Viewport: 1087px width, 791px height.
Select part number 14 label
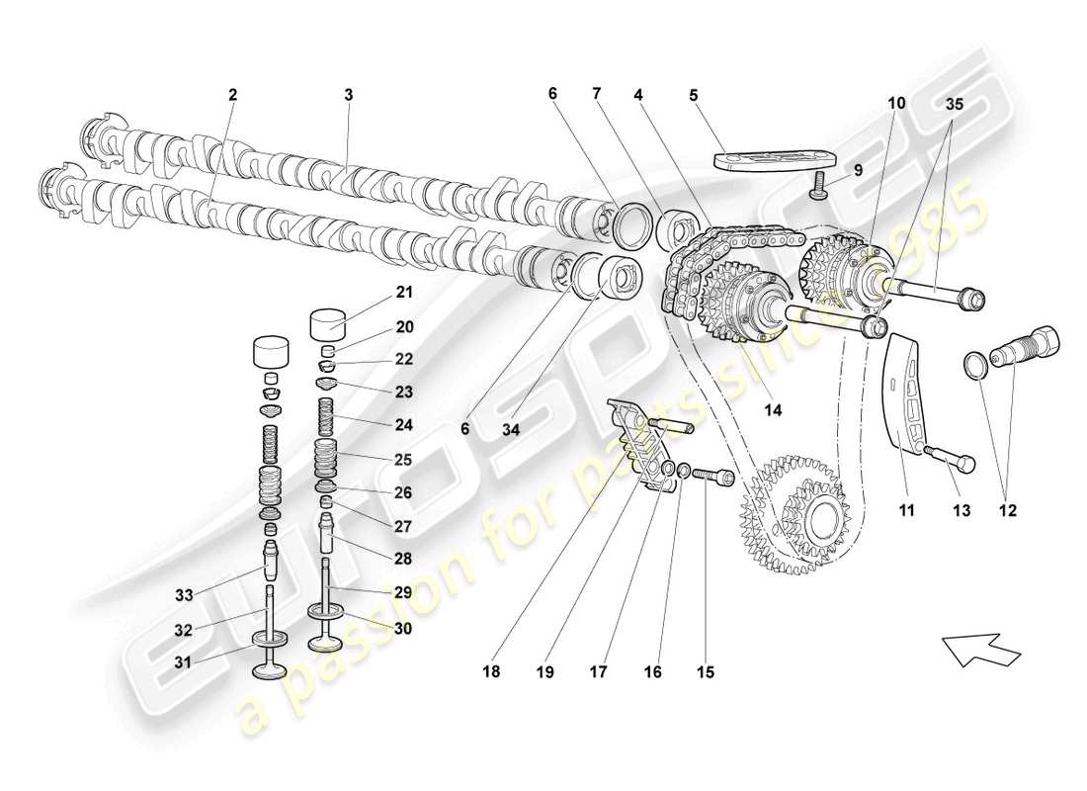point(774,406)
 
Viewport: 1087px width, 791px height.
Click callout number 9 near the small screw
point(859,170)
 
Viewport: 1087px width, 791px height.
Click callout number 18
point(491,671)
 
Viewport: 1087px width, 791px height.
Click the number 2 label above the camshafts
point(232,96)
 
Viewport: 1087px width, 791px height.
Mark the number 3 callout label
point(348,96)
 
